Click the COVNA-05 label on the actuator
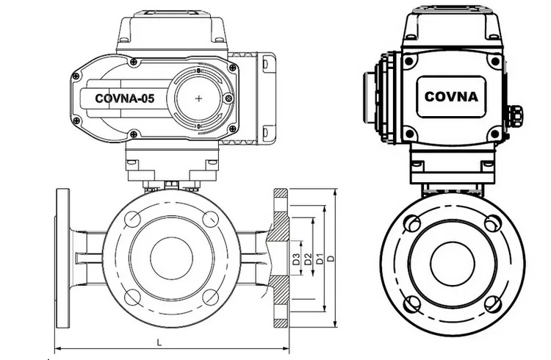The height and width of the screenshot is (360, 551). (124, 98)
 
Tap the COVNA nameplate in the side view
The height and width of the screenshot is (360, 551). (451, 97)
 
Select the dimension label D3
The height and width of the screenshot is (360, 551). (296, 259)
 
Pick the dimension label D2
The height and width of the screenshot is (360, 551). (308, 259)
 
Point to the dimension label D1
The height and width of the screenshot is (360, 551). (320, 259)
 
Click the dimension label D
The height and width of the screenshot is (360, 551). (331, 259)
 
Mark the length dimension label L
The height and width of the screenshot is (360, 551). (159, 342)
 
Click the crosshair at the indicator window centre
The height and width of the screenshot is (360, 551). (198, 98)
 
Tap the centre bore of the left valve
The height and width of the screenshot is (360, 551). (171, 258)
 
